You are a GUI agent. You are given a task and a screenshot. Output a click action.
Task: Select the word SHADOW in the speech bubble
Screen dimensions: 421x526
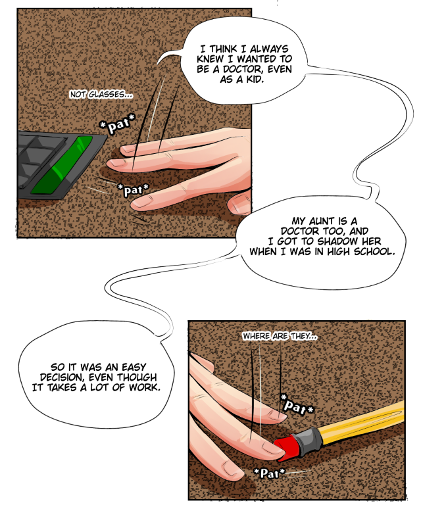[x=337, y=241]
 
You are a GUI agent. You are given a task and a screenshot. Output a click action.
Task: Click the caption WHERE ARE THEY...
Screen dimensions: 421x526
[x=280, y=336]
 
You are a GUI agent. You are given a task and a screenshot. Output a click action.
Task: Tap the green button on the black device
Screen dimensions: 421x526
[x=62, y=165]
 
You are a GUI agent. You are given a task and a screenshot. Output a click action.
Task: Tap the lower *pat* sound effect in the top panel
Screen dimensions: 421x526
[x=134, y=189]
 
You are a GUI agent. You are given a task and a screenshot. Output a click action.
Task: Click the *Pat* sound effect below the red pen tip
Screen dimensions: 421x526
[x=269, y=473]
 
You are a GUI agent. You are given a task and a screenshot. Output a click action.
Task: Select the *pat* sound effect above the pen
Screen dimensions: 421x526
[x=297, y=405]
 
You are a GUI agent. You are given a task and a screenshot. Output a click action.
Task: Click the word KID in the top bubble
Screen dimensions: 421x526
[x=255, y=80]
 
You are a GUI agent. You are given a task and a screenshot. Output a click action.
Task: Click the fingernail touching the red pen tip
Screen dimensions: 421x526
[x=269, y=448]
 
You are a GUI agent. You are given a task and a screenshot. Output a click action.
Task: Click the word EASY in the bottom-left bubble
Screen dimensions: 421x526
[x=134, y=367]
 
